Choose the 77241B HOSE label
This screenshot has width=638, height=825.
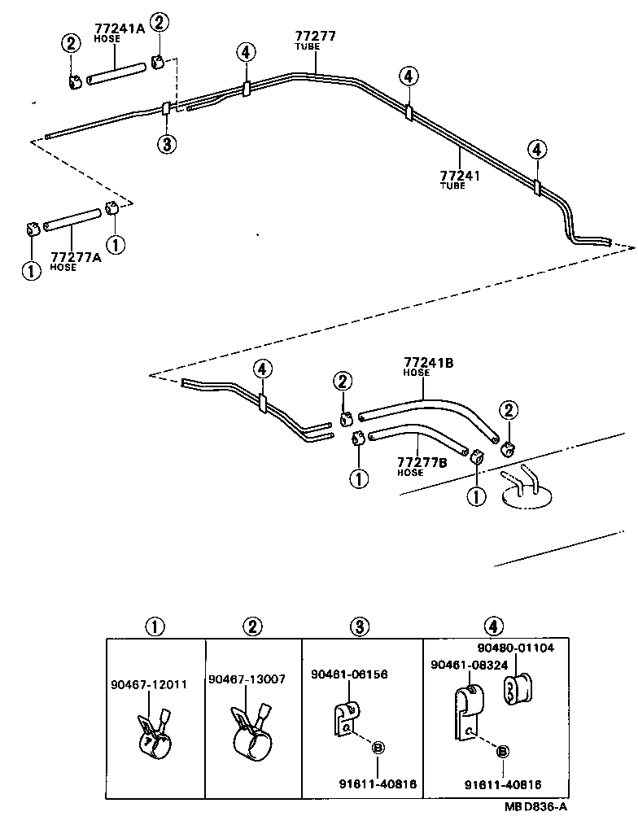pyautogui.click(x=428, y=366)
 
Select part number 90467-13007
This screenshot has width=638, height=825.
pyautogui.click(x=247, y=679)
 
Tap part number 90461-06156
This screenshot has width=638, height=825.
pyautogui.click(x=349, y=674)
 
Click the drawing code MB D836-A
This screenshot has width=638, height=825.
pyautogui.click(x=535, y=806)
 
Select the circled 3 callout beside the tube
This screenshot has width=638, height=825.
pyautogui.click(x=166, y=145)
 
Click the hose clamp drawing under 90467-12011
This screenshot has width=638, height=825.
pyautogui.click(x=155, y=733)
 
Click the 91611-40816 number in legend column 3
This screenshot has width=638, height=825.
pyautogui.click(x=378, y=784)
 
